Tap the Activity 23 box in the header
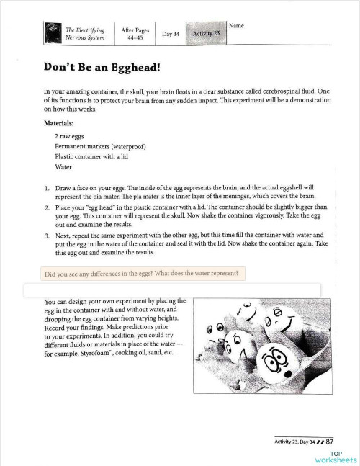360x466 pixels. (x=206, y=34)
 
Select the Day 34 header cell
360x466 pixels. (x=170, y=34)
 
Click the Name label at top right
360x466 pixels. (x=236, y=26)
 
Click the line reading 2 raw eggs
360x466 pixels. (x=70, y=135)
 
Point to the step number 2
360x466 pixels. (x=47, y=207)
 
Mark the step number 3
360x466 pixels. (x=47, y=236)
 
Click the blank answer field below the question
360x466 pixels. (x=173, y=290)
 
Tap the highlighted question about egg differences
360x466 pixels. (x=145, y=274)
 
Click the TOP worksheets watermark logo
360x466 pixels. (x=335, y=456)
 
